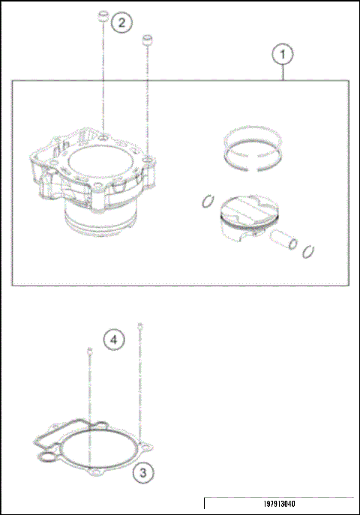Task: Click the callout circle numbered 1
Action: (x=282, y=55)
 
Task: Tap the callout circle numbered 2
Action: (x=121, y=23)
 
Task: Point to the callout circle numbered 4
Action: (x=113, y=340)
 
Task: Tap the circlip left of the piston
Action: (x=207, y=200)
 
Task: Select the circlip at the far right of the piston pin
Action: (x=307, y=251)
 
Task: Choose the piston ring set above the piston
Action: (x=253, y=147)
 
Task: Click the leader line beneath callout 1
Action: (x=282, y=72)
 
